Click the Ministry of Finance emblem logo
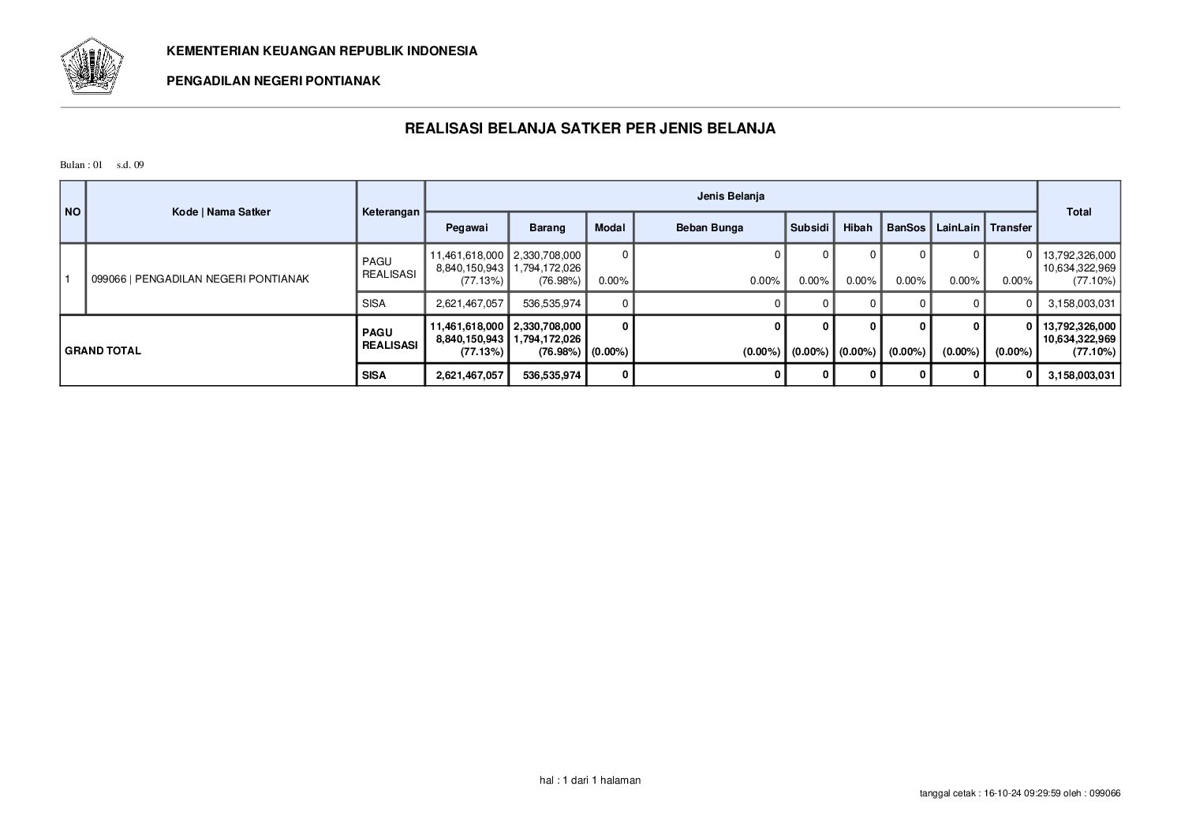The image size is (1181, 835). click(x=92, y=66)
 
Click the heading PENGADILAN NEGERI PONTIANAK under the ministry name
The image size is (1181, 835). click(x=273, y=81)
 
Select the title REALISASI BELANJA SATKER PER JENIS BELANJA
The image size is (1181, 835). click(x=590, y=128)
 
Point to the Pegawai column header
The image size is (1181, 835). click(x=466, y=227)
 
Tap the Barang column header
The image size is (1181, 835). click(x=547, y=227)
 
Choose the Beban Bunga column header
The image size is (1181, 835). click(x=709, y=227)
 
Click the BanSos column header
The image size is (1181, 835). click(x=906, y=227)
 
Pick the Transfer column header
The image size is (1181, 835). click(x=1011, y=227)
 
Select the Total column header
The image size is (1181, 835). click(x=1078, y=212)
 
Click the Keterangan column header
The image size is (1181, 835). click(x=391, y=212)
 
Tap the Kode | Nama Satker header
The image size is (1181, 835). click(x=221, y=212)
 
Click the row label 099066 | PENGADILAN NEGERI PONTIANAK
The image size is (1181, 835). click(x=200, y=279)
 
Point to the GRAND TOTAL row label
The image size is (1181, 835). click(x=103, y=350)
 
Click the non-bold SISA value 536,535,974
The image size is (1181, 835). click(x=551, y=303)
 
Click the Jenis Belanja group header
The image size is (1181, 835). click(x=731, y=196)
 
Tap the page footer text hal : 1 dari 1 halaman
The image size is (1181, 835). click(x=590, y=780)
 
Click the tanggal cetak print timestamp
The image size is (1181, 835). click(x=1020, y=793)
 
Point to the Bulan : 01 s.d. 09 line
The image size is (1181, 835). click(x=102, y=165)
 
